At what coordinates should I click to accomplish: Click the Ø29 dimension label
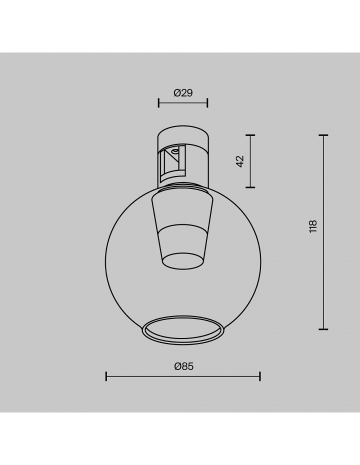click(x=183, y=93)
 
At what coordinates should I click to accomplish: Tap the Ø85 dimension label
click(x=184, y=366)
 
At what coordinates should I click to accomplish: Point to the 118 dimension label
click(x=313, y=226)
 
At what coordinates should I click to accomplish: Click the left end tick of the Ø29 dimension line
click(x=158, y=103)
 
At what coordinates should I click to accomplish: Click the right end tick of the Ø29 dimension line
click(x=207, y=103)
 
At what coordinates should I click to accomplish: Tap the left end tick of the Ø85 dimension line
click(x=106, y=376)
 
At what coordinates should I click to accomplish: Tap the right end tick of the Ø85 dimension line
click(x=260, y=376)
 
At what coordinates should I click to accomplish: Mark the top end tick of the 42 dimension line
click(x=250, y=135)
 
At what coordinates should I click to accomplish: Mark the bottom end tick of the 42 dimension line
click(x=250, y=187)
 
